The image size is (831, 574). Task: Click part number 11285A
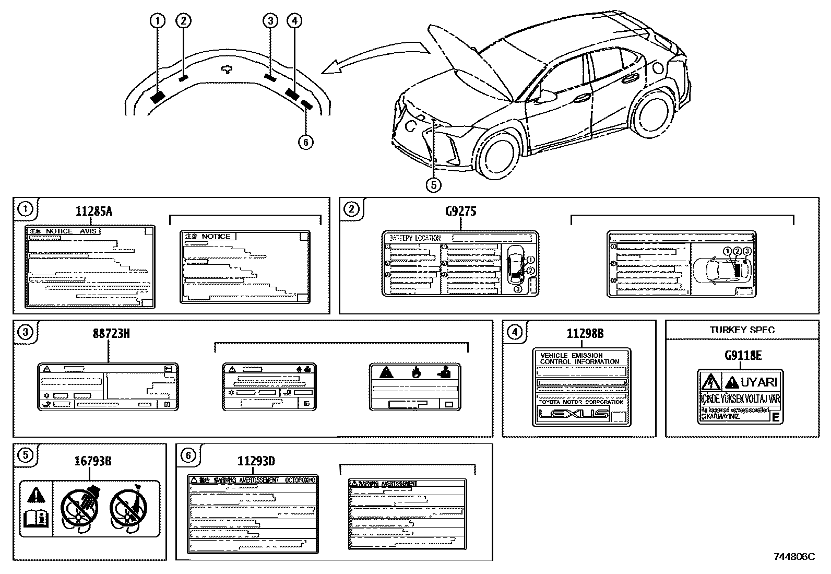coord(94,212)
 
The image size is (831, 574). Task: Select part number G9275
coord(460,212)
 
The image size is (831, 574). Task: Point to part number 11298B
coord(585,333)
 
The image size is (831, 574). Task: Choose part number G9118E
coord(742,356)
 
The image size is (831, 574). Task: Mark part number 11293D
coord(256,461)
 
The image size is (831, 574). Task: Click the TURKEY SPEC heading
coord(742,330)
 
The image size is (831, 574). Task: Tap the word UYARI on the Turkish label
coord(758,382)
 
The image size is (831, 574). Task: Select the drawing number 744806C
coord(794,557)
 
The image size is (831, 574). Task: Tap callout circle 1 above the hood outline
coord(157,21)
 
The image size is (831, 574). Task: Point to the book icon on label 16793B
coord(36,519)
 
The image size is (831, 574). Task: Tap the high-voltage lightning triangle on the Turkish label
coord(710,383)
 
